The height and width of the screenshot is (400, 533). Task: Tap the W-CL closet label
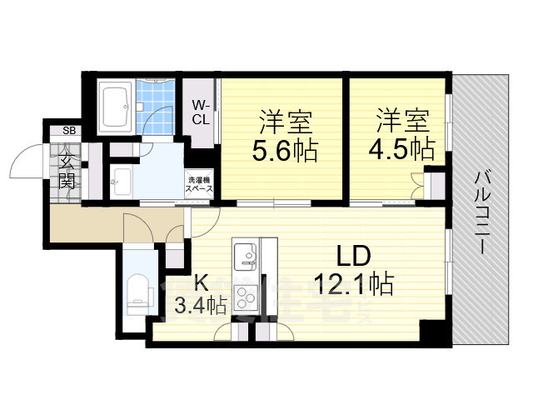(x=201, y=112)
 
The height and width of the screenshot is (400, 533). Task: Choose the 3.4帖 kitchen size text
(x=200, y=306)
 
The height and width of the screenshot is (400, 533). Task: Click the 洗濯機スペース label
(x=200, y=184)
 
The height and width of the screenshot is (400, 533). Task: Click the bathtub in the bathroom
(x=115, y=105)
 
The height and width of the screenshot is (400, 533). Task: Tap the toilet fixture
(x=137, y=292)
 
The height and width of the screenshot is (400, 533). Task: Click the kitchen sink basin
(x=246, y=254)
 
